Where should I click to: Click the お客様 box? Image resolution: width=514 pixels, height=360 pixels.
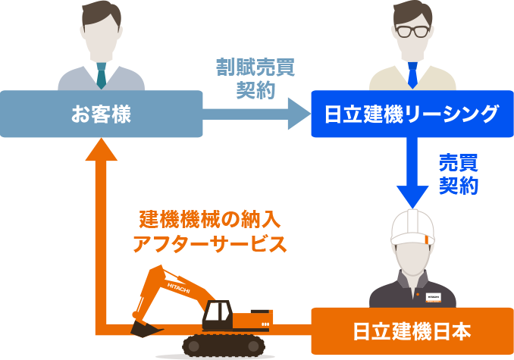click(x=101, y=114)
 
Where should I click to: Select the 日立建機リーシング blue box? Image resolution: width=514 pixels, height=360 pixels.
click(x=412, y=114)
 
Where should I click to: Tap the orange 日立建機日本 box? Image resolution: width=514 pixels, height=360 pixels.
click(x=412, y=331)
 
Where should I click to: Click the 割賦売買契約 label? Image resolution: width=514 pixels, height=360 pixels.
click(x=255, y=78)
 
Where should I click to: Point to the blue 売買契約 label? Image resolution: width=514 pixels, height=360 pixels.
click(x=458, y=174)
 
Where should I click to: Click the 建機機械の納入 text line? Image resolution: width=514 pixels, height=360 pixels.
click(x=210, y=219)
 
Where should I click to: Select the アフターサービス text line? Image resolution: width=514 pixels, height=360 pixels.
click(x=210, y=244)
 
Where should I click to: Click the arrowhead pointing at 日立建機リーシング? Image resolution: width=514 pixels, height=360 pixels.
click(x=299, y=114)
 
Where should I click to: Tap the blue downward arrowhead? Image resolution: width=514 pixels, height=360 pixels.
click(x=412, y=196)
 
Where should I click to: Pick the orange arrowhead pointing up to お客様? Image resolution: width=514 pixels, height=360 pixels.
click(x=102, y=149)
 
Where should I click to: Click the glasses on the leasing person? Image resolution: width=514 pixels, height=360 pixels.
click(x=412, y=31)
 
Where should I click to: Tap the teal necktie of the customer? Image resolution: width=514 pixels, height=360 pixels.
click(x=102, y=76)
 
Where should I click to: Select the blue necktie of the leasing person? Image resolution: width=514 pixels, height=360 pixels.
click(x=412, y=75)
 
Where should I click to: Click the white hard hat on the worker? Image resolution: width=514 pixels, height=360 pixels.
click(x=412, y=227)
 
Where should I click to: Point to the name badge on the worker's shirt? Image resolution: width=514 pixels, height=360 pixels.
click(x=433, y=297)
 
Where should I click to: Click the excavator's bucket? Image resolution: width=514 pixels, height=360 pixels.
click(x=146, y=329)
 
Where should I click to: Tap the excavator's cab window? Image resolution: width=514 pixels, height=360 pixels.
click(x=218, y=311)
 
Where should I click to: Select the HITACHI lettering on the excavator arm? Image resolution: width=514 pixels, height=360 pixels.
click(x=178, y=288)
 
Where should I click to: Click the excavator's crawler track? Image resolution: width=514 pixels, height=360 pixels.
click(x=224, y=346)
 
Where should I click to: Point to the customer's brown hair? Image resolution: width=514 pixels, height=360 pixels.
click(x=101, y=14)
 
